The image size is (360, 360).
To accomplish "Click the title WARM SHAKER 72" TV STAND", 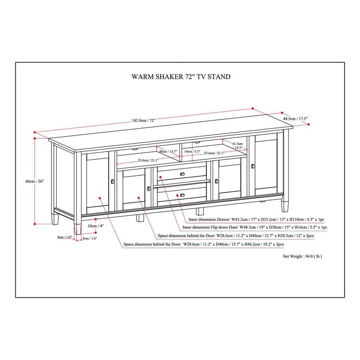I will pyautogui.click(x=181, y=76).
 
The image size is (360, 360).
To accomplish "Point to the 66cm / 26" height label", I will pyautogui.click(x=31, y=182).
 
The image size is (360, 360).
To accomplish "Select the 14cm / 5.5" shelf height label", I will pyautogui.click(x=193, y=153).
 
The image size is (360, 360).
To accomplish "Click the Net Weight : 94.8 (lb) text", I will pyautogui.click(x=302, y=256).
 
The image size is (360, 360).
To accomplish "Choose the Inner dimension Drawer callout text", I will pyautogui.click(x=257, y=219).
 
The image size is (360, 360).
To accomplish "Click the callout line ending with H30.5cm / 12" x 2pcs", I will pyautogui.click(x=229, y=236).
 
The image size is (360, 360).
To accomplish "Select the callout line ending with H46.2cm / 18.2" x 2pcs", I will pyautogui.click(x=204, y=244).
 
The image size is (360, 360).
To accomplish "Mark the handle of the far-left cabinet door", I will pyautogui.click(x=112, y=182).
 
